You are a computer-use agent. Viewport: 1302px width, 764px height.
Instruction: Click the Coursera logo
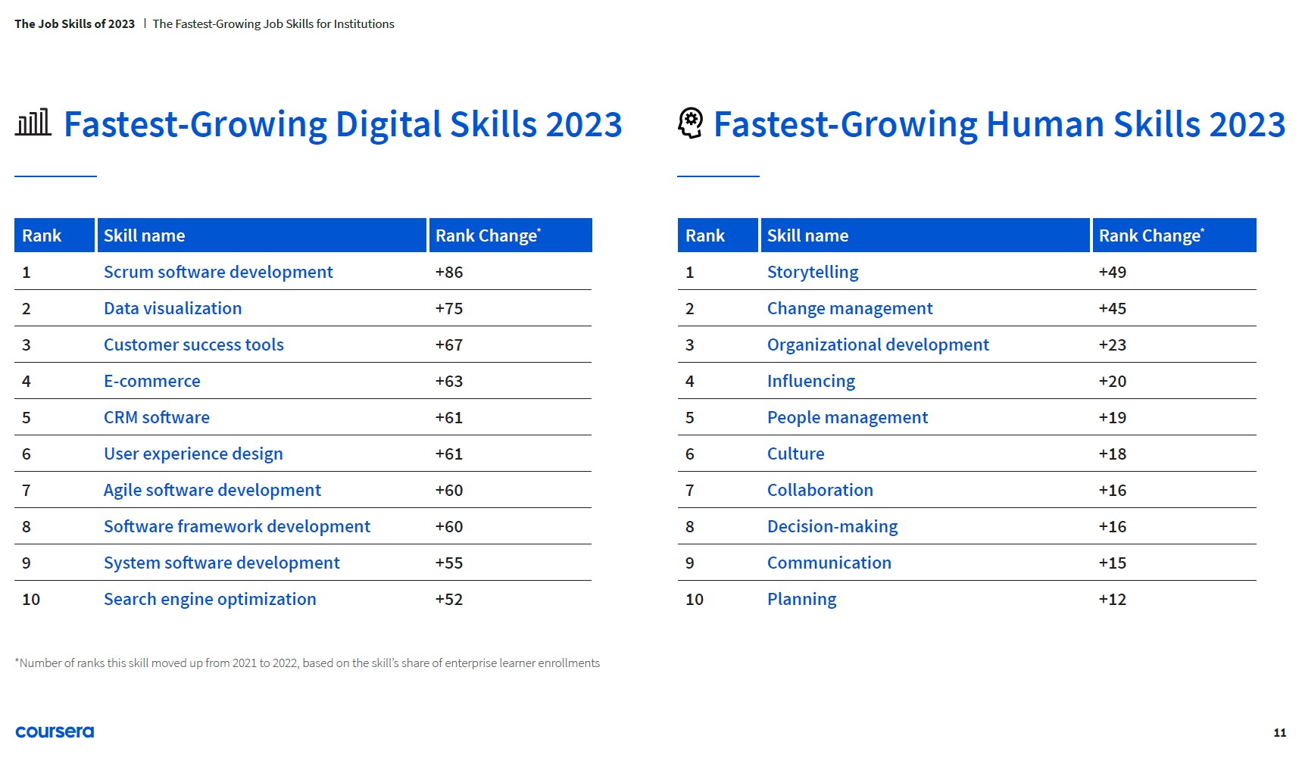pyautogui.click(x=55, y=731)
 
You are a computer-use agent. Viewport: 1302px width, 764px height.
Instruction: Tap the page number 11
pyautogui.click(x=1279, y=732)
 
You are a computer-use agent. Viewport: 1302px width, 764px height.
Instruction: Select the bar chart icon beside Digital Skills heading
pyautogui.click(x=33, y=123)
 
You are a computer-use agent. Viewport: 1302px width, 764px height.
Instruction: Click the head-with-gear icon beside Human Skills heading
pyautogui.click(x=690, y=123)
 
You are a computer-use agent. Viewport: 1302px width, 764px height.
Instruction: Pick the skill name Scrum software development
pyautogui.click(x=218, y=272)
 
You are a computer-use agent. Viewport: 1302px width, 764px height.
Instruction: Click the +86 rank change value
pyautogui.click(x=449, y=272)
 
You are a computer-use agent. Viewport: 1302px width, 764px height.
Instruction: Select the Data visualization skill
pyautogui.click(x=173, y=308)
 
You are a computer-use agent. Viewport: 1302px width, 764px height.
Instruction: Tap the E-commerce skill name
pyautogui.click(x=152, y=381)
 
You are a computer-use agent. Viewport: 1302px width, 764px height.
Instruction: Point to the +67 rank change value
pyautogui.click(x=449, y=345)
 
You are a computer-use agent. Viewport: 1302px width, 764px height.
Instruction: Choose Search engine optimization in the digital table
pyautogui.click(x=210, y=599)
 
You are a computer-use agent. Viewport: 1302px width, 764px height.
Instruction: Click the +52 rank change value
pyautogui.click(x=449, y=599)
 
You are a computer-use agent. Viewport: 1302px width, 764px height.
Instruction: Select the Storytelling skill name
pyautogui.click(x=813, y=272)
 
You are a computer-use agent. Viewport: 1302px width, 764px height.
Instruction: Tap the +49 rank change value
pyautogui.click(x=1113, y=272)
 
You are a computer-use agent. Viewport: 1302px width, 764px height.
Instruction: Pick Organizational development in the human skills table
pyautogui.click(x=878, y=345)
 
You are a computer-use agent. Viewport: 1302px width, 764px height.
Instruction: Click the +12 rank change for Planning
pyautogui.click(x=1113, y=599)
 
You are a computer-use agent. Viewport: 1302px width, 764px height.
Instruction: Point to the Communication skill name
pyautogui.click(x=829, y=563)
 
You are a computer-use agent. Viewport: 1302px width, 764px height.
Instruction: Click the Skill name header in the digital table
pyautogui.click(x=144, y=235)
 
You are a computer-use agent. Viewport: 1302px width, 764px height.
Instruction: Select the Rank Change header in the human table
pyautogui.click(x=1151, y=235)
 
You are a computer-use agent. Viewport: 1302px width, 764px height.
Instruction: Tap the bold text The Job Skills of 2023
pyautogui.click(x=74, y=23)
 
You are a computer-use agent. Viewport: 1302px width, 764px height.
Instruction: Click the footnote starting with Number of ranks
pyautogui.click(x=308, y=663)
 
